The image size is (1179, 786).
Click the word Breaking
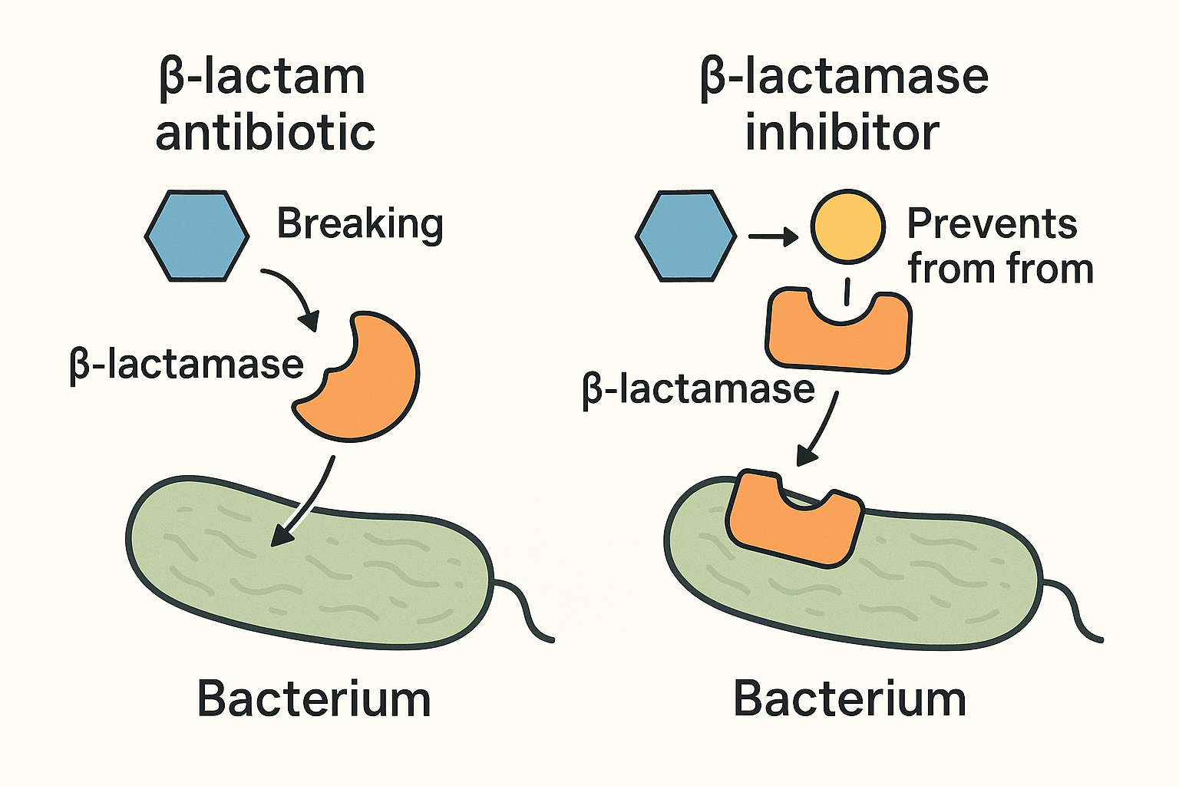click(x=359, y=224)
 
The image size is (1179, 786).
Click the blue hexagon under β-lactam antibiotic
click(x=197, y=236)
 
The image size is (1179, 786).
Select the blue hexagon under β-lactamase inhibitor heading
click(x=685, y=236)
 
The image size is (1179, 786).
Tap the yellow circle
click(x=847, y=226)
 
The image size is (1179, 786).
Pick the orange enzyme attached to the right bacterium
click(x=794, y=522)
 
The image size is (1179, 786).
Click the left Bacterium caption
click(x=313, y=699)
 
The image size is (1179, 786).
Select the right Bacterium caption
click(x=849, y=699)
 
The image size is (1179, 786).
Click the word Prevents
click(x=992, y=224)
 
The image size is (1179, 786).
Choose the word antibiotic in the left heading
click(x=265, y=132)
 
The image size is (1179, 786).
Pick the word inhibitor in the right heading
click(x=842, y=132)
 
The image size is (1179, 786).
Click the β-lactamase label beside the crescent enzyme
click(x=187, y=364)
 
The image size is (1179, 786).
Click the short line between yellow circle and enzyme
click(x=847, y=292)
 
